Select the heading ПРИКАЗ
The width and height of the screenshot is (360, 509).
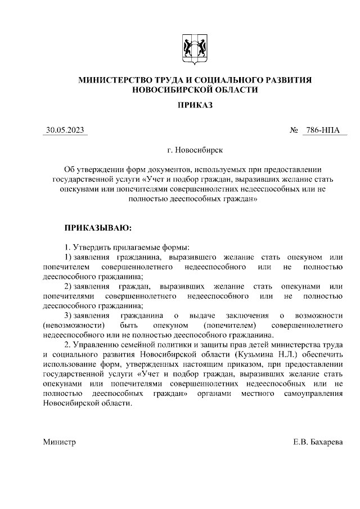tap(194, 105)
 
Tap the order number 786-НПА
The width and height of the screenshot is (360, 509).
tap(322, 130)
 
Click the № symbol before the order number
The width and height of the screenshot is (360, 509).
tap(294, 130)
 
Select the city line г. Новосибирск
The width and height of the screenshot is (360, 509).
tap(194, 150)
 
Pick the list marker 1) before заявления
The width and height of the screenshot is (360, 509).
tap(69, 256)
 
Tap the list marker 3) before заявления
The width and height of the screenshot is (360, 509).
tap(69, 316)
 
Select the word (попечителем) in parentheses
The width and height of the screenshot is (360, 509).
tap(230, 325)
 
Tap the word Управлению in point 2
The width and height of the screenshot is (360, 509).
tap(96, 345)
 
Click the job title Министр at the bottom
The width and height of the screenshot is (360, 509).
tap(59, 442)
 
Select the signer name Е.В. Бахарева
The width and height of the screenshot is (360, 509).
tap(317, 442)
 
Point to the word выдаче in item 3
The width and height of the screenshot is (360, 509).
tap(204, 316)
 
